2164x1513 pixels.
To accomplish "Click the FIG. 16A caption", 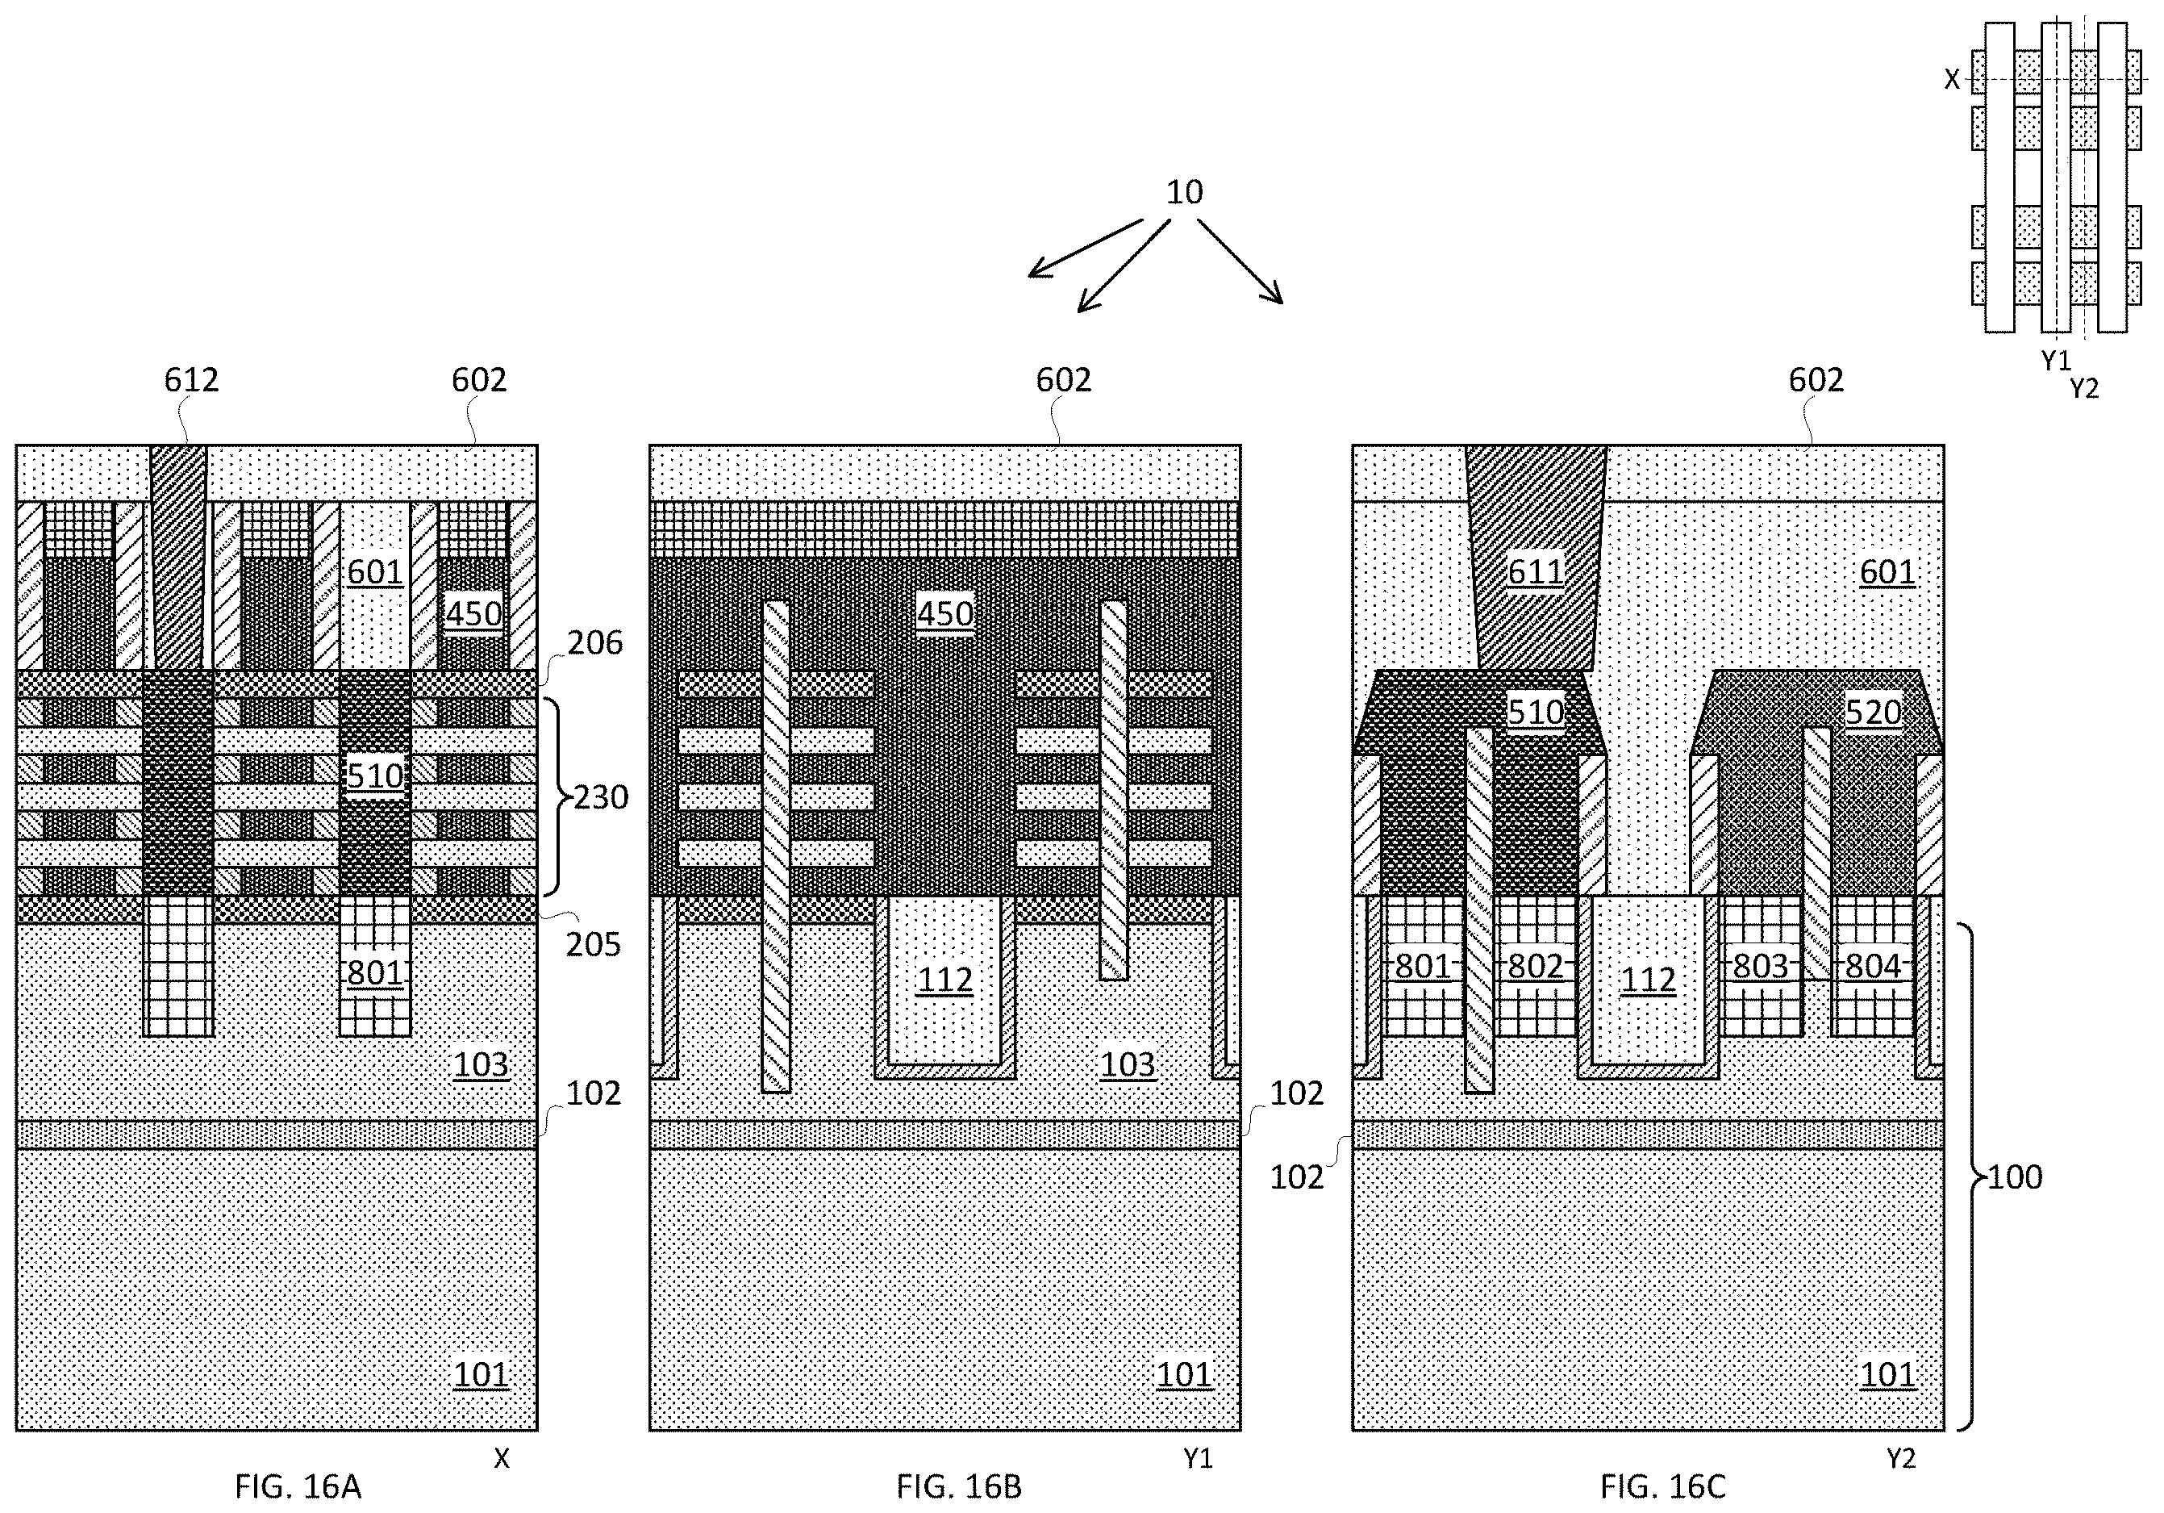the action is click(298, 1486).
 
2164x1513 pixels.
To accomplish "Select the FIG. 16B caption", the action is click(958, 1486).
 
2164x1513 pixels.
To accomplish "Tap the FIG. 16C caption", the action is click(1662, 1486).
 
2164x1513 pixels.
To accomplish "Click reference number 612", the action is click(191, 380).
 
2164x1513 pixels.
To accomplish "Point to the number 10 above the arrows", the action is click(1185, 192).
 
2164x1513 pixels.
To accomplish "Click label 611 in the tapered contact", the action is click(1536, 572).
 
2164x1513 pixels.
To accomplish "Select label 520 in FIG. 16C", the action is click(1873, 713).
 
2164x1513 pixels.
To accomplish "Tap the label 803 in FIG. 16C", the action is click(1761, 966).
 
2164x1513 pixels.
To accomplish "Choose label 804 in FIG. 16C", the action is click(1873, 966).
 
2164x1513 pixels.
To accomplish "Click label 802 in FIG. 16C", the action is click(1536, 966).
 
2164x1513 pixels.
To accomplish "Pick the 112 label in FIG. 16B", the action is click(944, 980).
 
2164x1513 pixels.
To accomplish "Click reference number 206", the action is click(594, 643).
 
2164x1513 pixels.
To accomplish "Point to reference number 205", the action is click(594, 945).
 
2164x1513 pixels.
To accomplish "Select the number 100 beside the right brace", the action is click(2015, 1177).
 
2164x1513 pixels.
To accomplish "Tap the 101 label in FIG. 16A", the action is click(481, 1375).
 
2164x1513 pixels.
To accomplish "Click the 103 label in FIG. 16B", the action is click(1128, 1064).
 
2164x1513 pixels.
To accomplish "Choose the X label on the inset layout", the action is click(1953, 80).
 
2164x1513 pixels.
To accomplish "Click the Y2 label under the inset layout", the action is click(2085, 388).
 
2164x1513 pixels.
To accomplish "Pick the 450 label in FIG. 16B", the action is click(944, 615).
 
